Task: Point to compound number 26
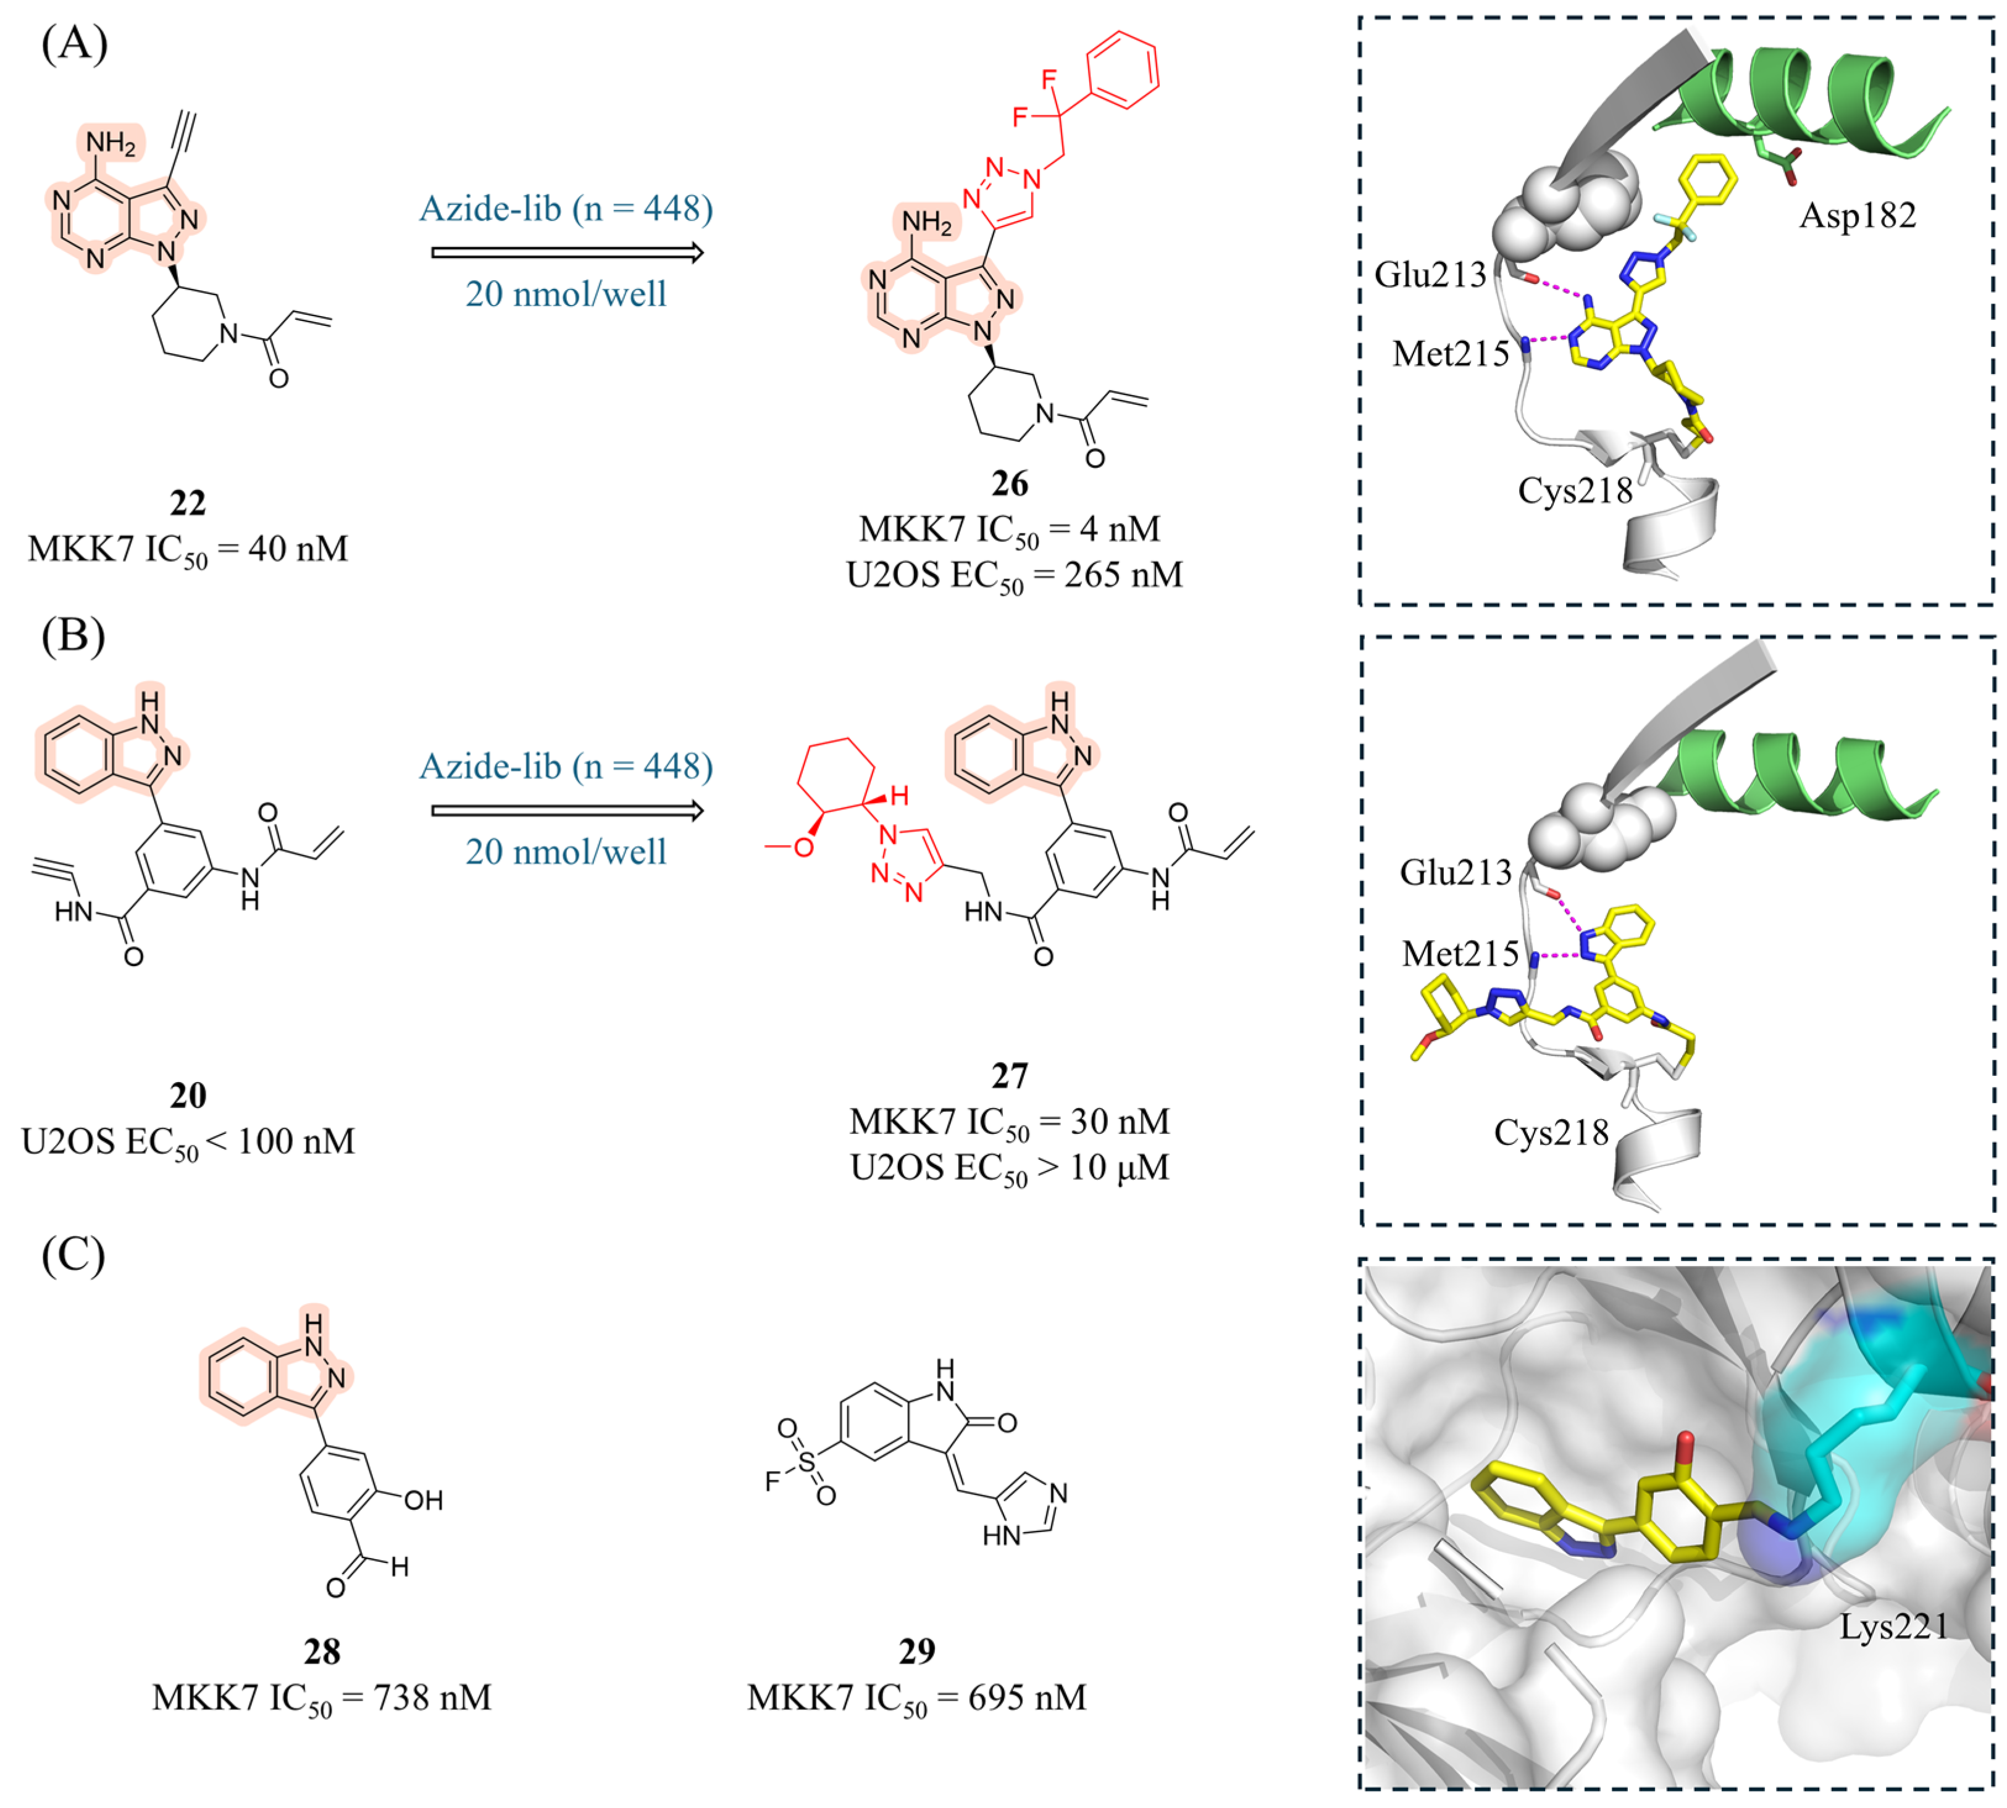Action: [1010, 484]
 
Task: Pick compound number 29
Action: [916, 1651]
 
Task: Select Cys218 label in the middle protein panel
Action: [1551, 1133]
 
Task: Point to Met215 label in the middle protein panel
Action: [1459, 954]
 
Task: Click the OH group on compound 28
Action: [423, 1500]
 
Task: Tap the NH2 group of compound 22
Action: [111, 144]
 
